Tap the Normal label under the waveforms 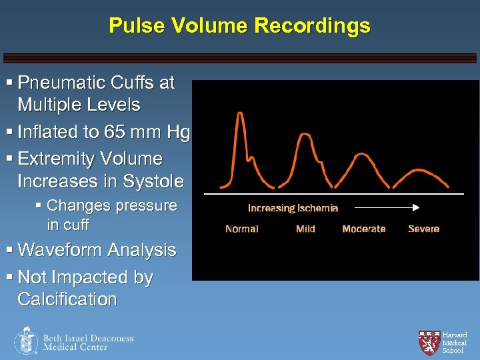tap(241, 229)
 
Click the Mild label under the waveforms tap(305, 229)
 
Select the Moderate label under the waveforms tap(363, 229)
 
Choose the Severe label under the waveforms tap(423, 229)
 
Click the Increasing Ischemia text tap(293, 208)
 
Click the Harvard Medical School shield tap(428, 342)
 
